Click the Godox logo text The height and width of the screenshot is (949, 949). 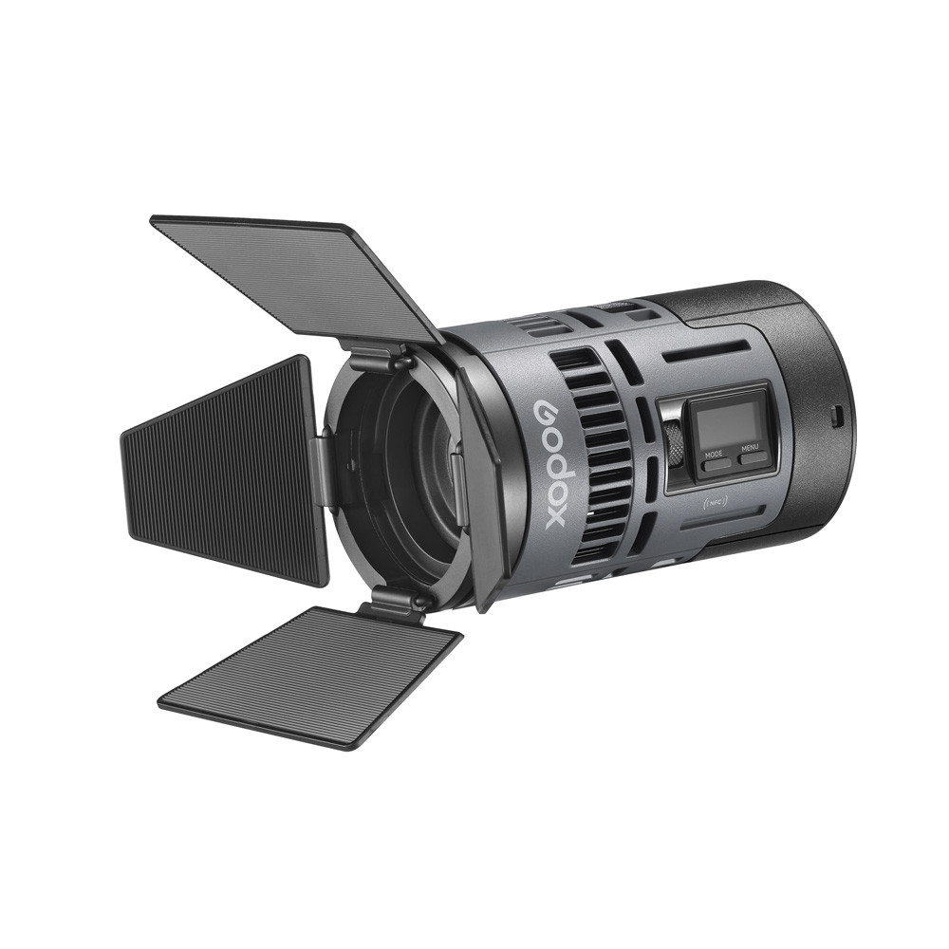(x=555, y=462)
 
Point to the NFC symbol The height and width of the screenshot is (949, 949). (x=715, y=502)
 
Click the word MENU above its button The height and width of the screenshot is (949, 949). (x=750, y=448)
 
